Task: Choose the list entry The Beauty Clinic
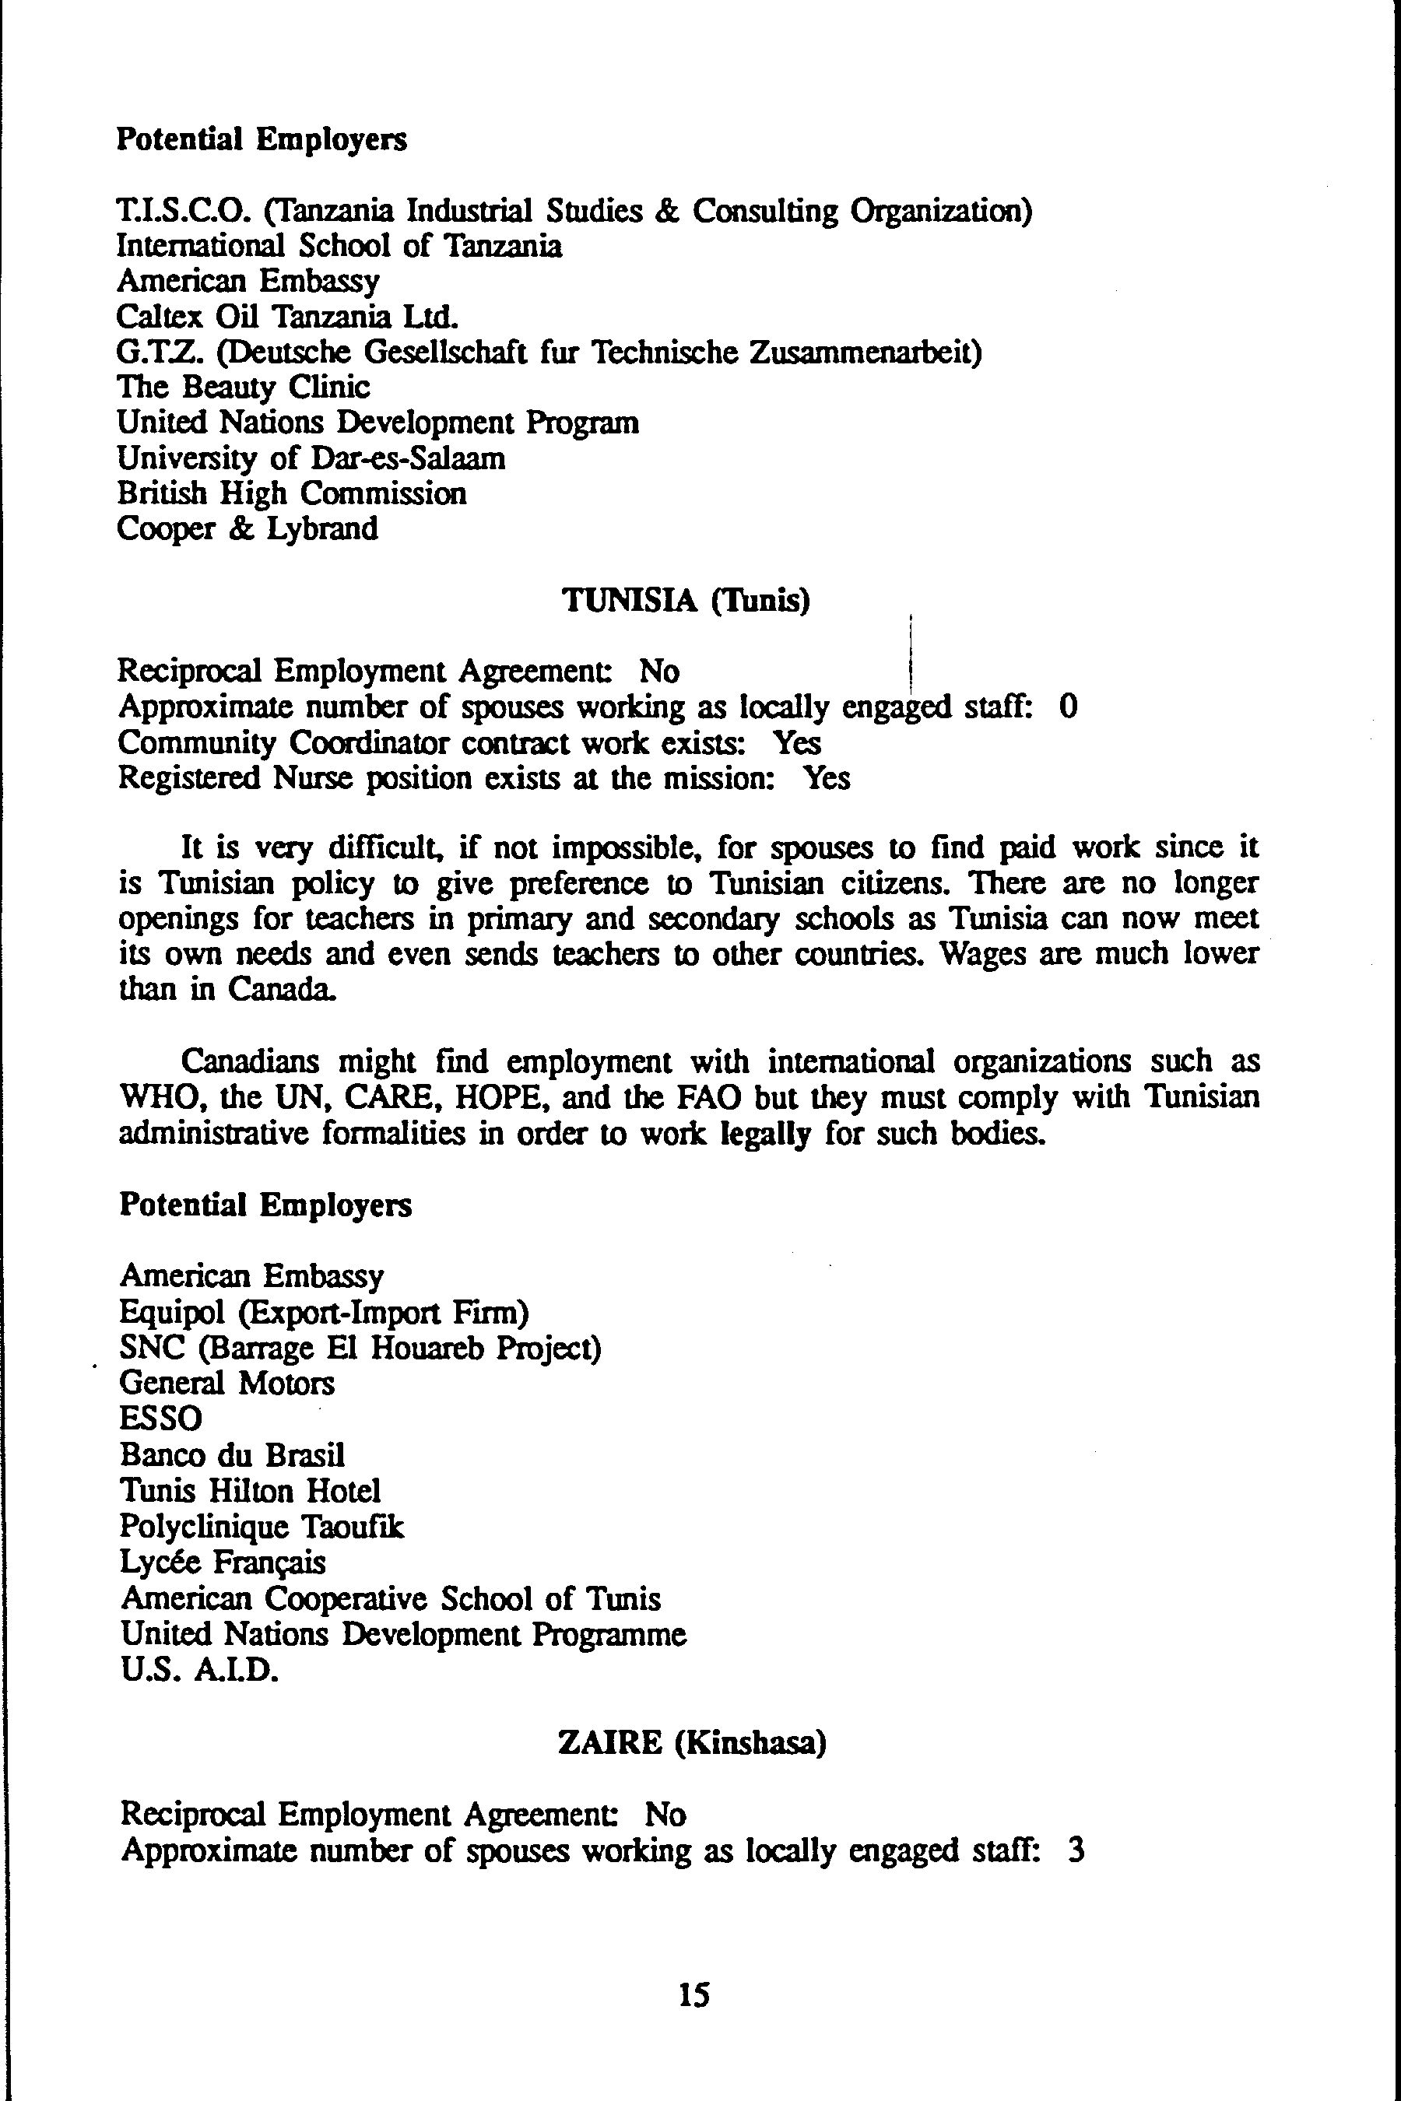(x=243, y=387)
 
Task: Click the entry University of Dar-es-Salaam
(x=311, y=458)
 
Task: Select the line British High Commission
(x=291, y=493)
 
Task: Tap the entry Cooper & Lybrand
(x=248, y=529)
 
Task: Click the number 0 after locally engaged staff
(x=1068, y=707)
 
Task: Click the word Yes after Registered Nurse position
(x=827, y=778)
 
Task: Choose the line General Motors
(x=227, y=1383)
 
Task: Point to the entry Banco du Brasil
(x=232, y=1455)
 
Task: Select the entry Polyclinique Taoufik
(x=262, y=1527)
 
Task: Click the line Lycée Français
(x=223, y=1563)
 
